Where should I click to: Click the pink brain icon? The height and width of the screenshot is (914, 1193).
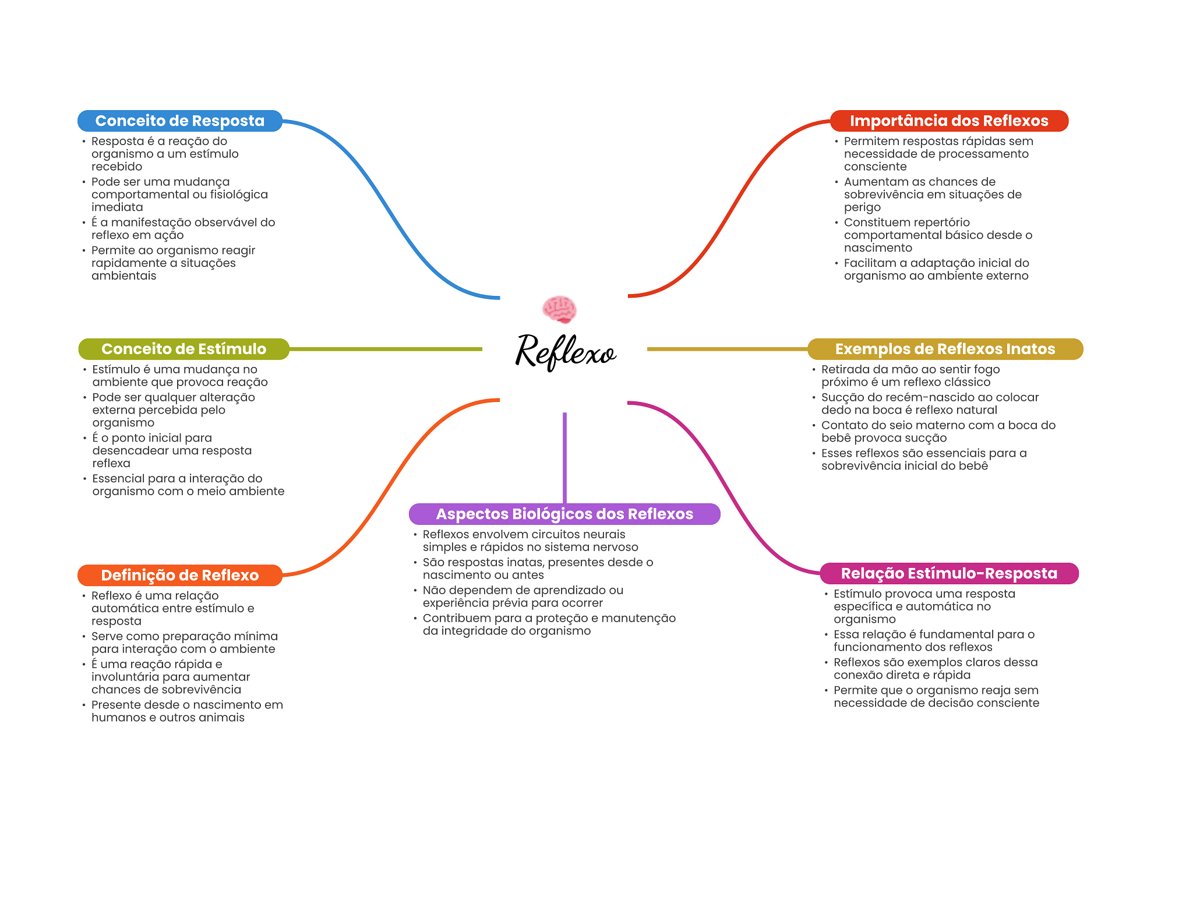coord(559,309)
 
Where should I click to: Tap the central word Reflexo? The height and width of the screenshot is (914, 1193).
coord(565,351)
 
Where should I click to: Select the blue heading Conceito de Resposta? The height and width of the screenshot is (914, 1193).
coord(179,121)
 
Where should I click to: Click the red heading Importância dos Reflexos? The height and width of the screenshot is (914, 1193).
coord(948,121)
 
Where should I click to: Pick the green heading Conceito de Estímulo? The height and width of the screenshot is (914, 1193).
coord(183,349)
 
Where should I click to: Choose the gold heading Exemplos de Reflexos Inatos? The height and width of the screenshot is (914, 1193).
coord(945,349)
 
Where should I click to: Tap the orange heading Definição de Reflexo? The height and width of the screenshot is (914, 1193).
coord(179,575)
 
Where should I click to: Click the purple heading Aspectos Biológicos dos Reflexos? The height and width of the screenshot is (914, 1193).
coord(564,514)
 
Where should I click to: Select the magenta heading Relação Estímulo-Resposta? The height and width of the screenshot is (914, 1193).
coord(948,573)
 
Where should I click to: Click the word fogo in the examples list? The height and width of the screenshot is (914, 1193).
coord(986,369)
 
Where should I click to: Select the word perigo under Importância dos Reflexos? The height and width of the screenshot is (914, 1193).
coord(862,207)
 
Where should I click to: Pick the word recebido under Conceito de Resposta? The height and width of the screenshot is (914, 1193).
coord(117,167)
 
